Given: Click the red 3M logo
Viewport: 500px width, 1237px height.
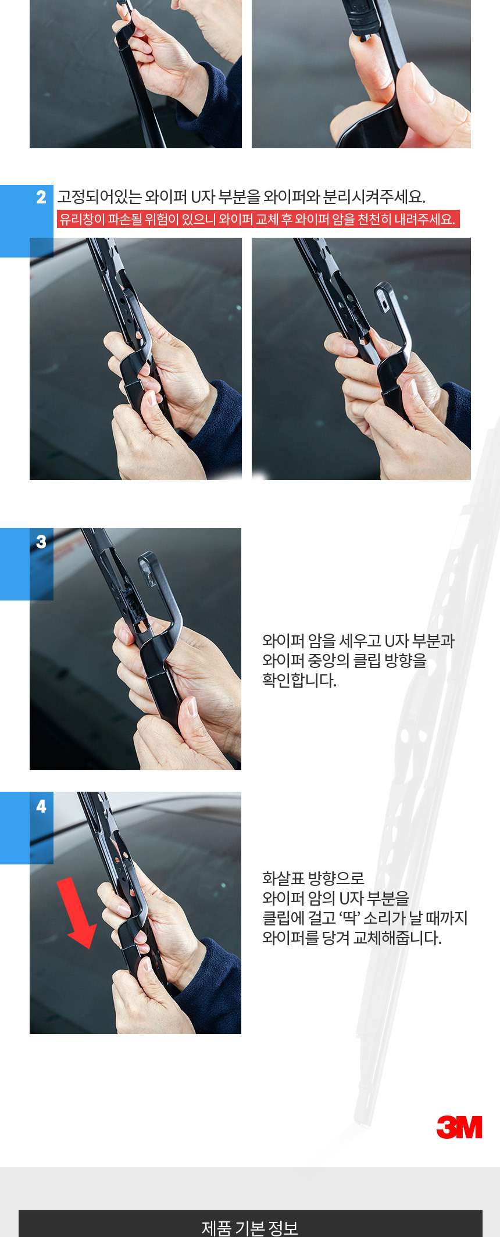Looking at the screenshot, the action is (459, 1127).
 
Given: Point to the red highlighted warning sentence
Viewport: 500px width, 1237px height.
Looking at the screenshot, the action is (258, 219).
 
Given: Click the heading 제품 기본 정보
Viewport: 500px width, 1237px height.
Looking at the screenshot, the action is (250, 1227).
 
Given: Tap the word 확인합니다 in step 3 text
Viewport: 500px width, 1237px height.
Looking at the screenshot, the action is (299, 680).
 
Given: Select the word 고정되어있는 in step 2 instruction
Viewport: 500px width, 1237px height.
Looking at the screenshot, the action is (99, 197).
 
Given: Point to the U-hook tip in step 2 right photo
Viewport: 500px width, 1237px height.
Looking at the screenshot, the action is (384, 291).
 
